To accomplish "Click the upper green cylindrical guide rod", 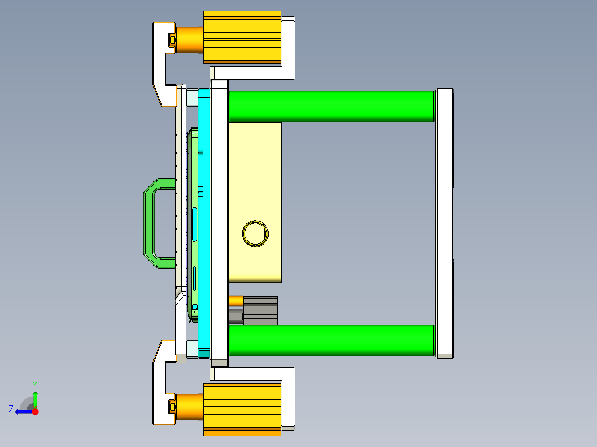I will pos(331,106).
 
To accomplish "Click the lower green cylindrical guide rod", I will pos(331,340).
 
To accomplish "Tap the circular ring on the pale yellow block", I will pos(255,233).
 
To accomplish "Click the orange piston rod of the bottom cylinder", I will pos(189,407).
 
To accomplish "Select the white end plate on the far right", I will pos(444,221).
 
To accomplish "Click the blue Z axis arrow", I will pos(21,412).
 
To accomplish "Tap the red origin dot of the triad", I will pos(35,412).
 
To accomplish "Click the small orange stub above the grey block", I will pos(235,300).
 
